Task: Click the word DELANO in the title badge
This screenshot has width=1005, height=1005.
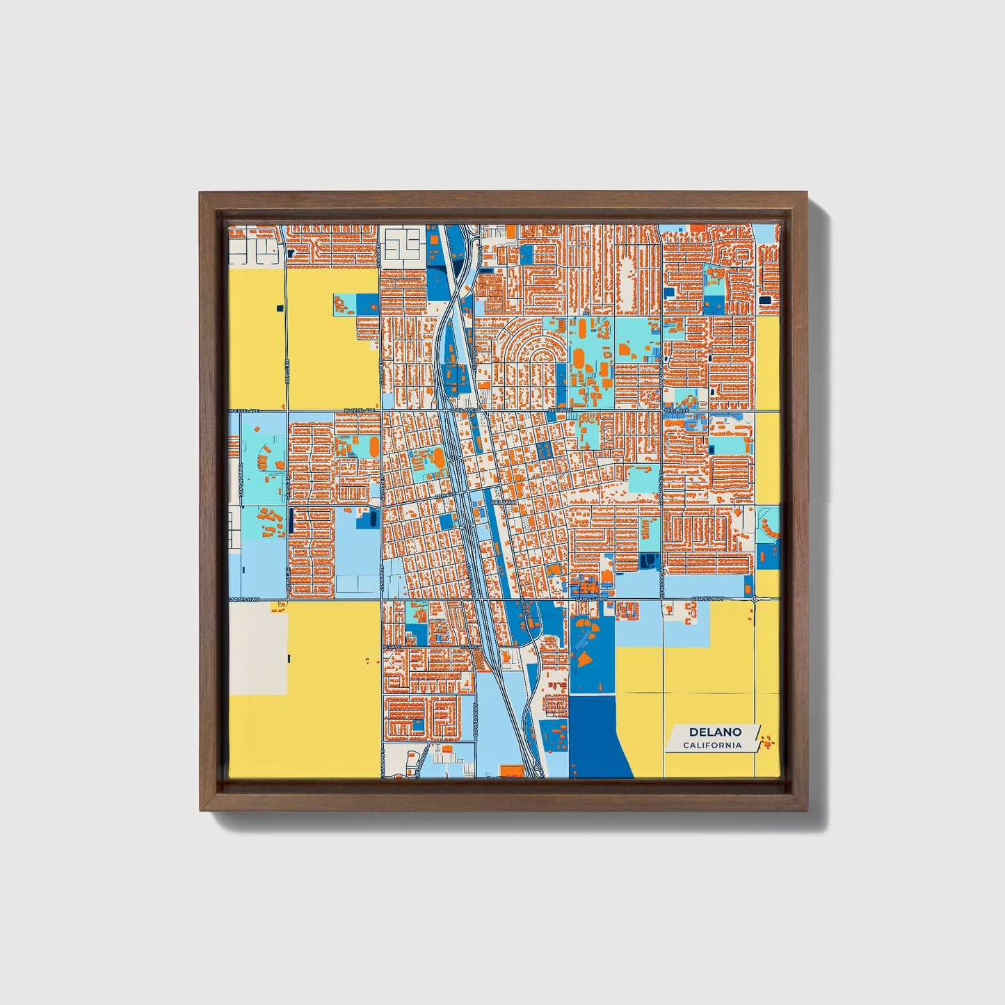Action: (x=714, y=732)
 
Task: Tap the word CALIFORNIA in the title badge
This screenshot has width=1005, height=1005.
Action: (x=711, y=746)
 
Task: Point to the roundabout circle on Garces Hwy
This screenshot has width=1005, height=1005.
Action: (x=755, y=598)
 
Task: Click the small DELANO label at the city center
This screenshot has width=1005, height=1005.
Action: (x=502, y=501)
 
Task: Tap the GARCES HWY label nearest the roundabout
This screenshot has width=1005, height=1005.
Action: (x=707, y=599)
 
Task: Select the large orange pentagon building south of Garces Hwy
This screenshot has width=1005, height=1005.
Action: (x=585, y=657)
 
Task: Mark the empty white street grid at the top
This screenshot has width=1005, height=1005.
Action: (x=403, y=243)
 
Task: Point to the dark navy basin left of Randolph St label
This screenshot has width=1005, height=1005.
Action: (x=650, y=561)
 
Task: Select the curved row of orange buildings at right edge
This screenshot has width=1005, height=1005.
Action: (x=769, y=529)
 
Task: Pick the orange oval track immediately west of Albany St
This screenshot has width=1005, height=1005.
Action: (x=374, y=446)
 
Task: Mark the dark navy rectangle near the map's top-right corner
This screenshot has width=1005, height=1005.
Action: (x=766, y=300)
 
